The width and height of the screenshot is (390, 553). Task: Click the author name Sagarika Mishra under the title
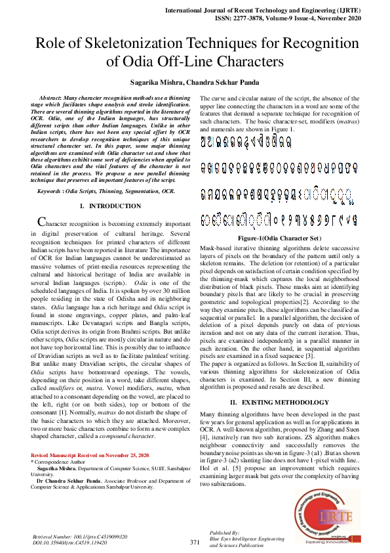tap(157, 83)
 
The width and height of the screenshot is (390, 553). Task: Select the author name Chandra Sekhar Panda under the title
tap(224, 83)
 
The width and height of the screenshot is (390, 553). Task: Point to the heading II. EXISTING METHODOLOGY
tap(275, 401)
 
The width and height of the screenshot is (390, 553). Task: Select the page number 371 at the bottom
tap(195, 542)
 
